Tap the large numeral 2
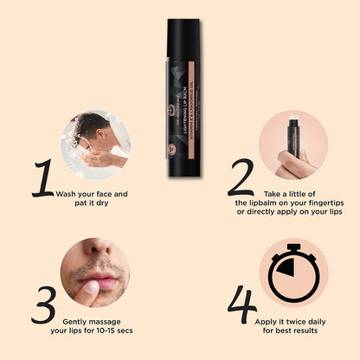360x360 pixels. pos(240,179)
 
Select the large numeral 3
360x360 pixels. pos(43,305)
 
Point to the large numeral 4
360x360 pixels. pos(242,305)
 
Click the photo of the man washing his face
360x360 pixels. pos(95,145)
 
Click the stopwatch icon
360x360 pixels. pos(292,273)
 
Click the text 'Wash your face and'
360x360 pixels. pos(92,194)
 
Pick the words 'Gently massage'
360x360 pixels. pos(94,319)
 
